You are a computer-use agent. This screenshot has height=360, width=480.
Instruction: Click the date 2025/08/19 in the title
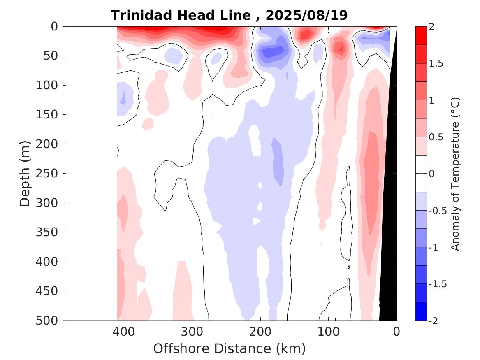tap(306, 16)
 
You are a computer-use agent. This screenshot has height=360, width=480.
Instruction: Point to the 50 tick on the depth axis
tap(53, 56)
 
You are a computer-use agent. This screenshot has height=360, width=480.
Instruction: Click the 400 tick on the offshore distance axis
tap(124, 331)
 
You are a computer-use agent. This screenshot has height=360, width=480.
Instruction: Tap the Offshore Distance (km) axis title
tap(230, 349)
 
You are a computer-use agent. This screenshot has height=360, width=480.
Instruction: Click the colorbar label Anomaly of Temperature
tap(455, 174)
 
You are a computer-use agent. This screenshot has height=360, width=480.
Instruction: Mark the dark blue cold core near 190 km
tap(272, 52)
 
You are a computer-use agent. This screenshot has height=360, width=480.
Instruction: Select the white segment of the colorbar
tap(421, 174)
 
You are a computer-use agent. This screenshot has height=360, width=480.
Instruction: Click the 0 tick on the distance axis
tap(397, 331)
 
